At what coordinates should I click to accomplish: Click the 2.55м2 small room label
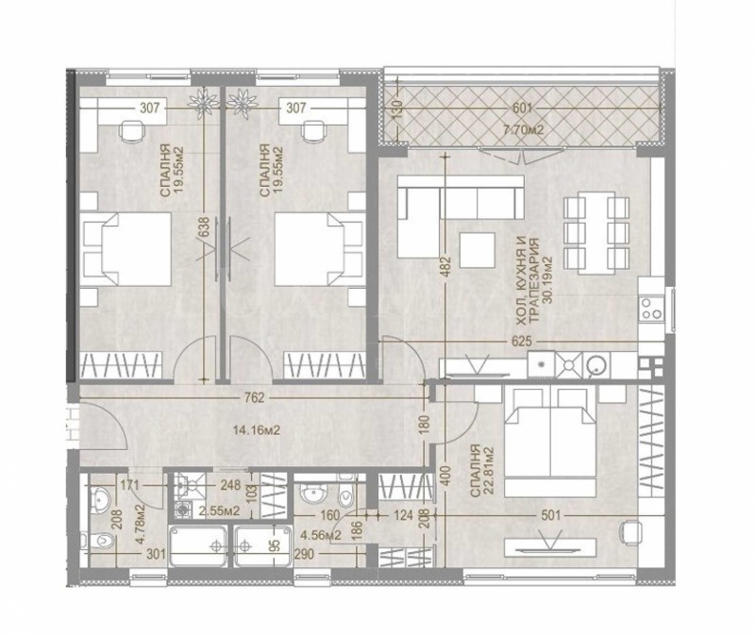tap(211, 510)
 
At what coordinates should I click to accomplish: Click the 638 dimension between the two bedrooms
tap(202, 227)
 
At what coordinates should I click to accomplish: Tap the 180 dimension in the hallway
tap(424, 427)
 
